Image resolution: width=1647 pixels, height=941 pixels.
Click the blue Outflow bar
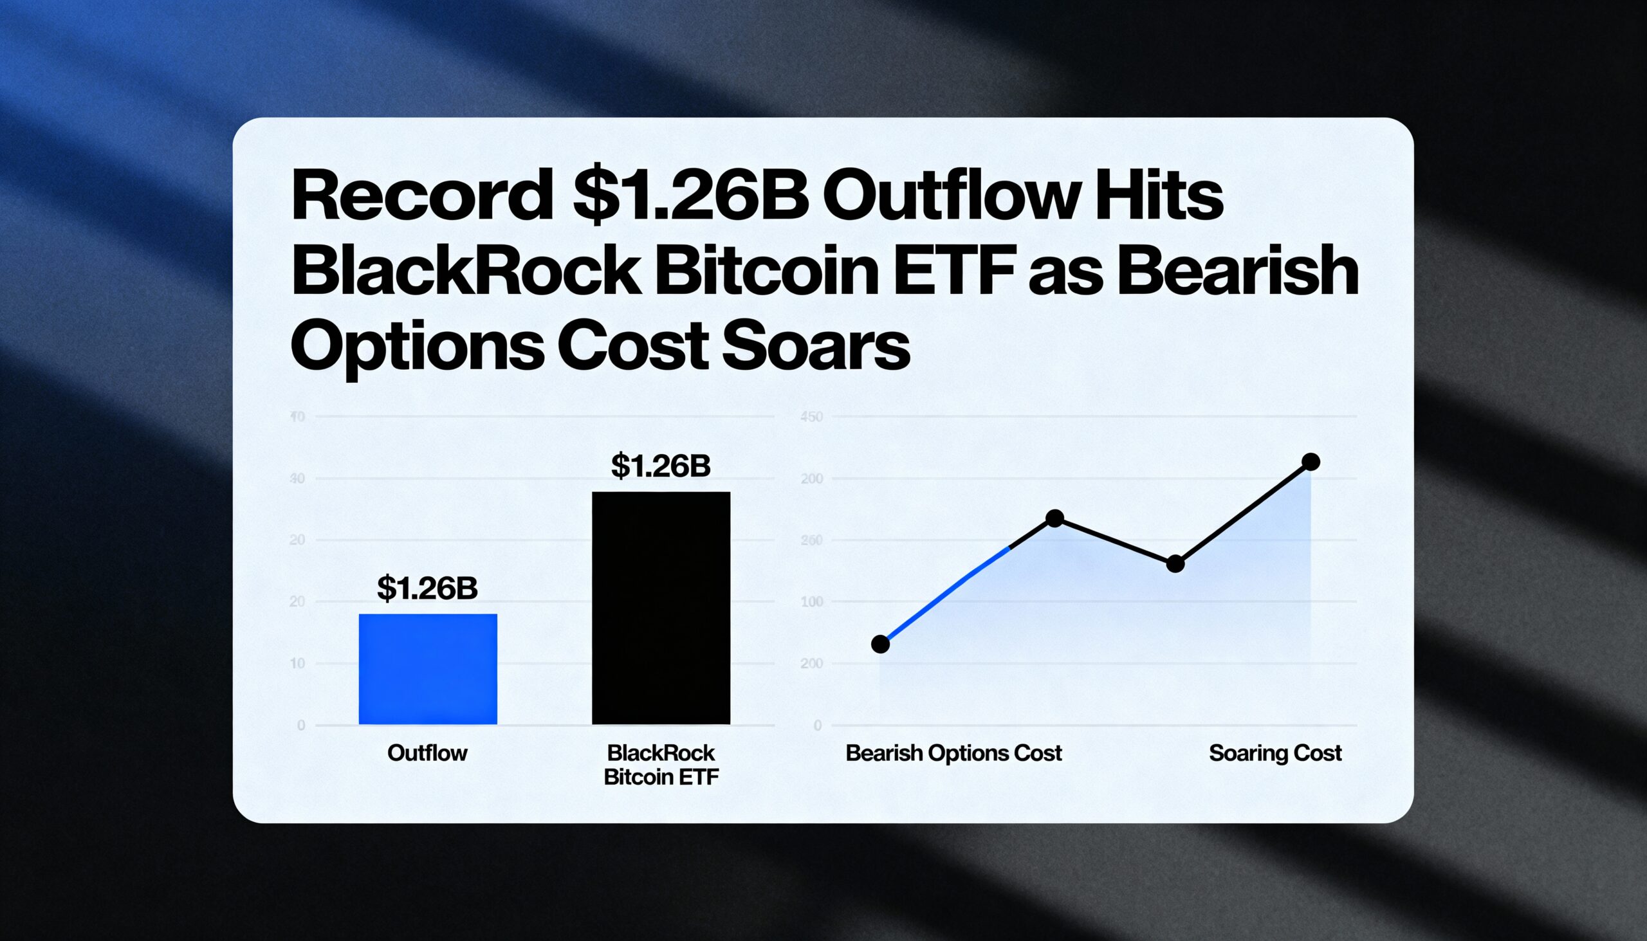[x=428, y=669]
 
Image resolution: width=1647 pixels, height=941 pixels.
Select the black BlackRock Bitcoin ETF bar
[x=661, y=608]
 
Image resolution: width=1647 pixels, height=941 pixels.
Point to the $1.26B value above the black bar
[x=661, y=465]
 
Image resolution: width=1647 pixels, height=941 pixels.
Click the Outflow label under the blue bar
[x=427, y=753]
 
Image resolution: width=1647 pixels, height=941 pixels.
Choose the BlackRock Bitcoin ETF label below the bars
[x=661, y=765]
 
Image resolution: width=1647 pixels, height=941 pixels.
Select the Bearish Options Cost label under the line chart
[x=953, y=753]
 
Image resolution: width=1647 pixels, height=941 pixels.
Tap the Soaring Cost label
[x=1274, y=753]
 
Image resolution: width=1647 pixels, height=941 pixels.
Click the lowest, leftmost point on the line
[x=880, y=644]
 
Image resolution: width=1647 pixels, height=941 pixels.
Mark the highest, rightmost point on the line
[x=1311, y=461]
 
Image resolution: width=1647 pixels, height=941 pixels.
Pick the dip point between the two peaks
[x=1175, y=564]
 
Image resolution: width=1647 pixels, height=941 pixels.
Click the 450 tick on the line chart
[x=811, y=417]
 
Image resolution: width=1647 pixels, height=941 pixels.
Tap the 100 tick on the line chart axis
[x=811, y=601]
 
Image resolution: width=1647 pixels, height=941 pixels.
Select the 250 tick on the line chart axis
[x=811, y=540]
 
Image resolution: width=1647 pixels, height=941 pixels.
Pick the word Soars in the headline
[x=816, y=347]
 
